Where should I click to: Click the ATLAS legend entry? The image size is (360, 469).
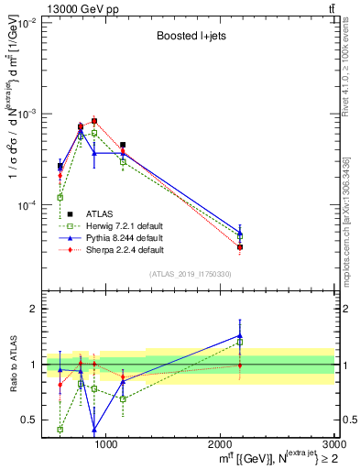pyautogui.click(x=101, y=212)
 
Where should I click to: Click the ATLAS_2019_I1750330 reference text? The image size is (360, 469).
pyautogui.click(x=190, y=274)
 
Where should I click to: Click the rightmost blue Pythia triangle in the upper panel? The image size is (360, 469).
pyautogui.click(x=240, y=234)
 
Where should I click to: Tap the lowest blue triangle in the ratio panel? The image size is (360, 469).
pyautogui.click(x=94, y=429)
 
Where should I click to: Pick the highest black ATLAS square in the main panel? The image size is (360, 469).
pyautogui.click(x=94, y=121)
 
